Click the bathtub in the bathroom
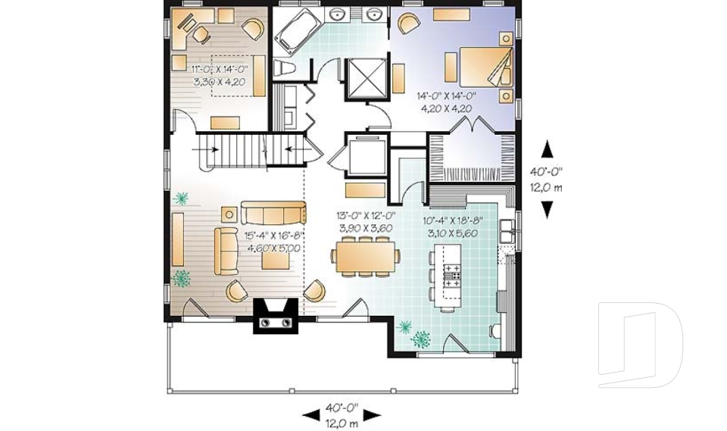click(297, 29)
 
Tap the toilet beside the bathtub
click(284, 68)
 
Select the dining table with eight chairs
click(365, 256)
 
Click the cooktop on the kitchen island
click(452, 275)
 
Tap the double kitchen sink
click(507, 230)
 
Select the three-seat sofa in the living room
click(273, 213)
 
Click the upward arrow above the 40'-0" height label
click(547, 150)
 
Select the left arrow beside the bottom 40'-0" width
click(310, 415)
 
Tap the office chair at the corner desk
click(201, 33)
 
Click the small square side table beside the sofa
click(229, 214)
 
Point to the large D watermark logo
click(640, 345)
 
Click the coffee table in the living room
click(276, 261)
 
